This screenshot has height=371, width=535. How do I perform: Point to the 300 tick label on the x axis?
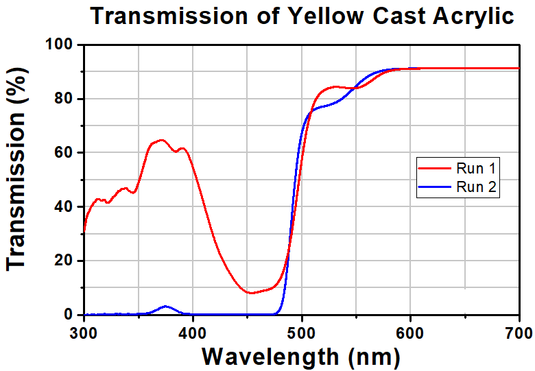click(x=84, y=333)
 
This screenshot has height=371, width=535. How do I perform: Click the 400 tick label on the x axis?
click(x=193, y=333)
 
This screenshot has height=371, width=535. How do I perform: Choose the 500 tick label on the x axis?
click(x=301, y=333)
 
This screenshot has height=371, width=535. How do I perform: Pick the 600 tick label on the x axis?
click(x=410, y=333)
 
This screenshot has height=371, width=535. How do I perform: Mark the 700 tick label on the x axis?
click(x=519, y=333)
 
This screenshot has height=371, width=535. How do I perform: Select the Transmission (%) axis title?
click(x=19, y=180)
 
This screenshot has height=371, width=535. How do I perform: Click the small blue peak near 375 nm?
click(x=165, y=306)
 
